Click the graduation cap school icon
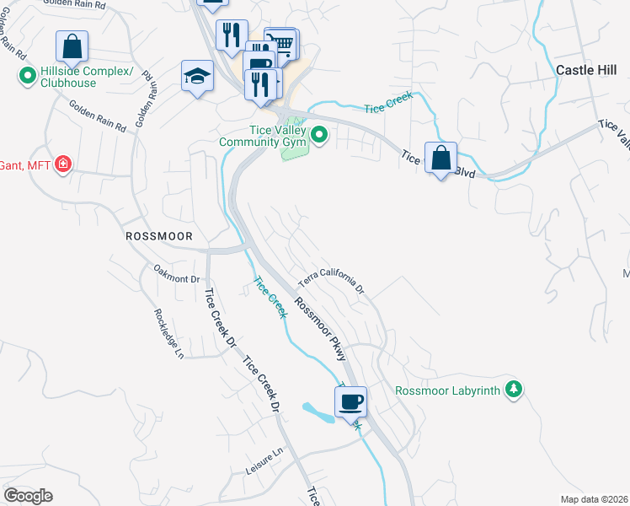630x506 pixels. click(x=197, y=76)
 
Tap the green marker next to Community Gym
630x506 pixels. click(x=319, y=134)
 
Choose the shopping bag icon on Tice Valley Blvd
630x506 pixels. click(x=440, y=158)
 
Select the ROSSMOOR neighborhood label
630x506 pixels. click(x=159, y=237)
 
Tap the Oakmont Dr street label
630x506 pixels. click(x=177, y=273)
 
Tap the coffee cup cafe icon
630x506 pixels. click(x=351, y=401)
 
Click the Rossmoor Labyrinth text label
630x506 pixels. click(x=447, y=390)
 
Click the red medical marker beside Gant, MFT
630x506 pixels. click(x=62, y=164)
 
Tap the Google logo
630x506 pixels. click(x=28, y=496)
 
